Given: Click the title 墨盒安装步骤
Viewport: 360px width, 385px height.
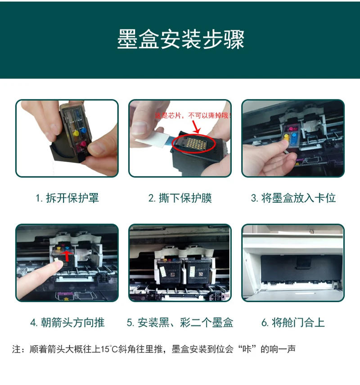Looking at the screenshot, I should coord(180,40).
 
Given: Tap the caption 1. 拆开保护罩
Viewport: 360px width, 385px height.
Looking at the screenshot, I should coord(67,198).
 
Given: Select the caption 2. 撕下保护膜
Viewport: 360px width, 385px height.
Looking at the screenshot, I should coord(180,198).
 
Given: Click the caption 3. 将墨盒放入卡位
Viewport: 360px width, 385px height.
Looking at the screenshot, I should coord(293,198).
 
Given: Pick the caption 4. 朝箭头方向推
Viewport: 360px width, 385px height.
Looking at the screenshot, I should coord(67,322).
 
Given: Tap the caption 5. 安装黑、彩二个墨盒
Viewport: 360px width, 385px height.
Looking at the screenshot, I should coord(180,322).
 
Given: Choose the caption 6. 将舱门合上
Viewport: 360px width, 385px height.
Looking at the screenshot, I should coord(293,322).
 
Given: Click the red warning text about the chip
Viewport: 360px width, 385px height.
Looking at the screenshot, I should coord(191,116).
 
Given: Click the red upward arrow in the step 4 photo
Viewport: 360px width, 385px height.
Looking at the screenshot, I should coord(66,256).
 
